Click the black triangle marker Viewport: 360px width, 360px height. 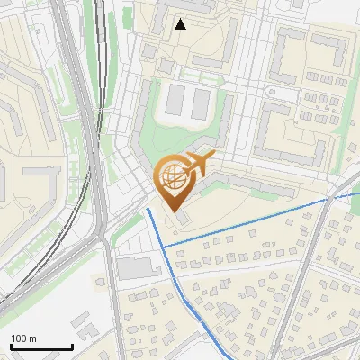tap(180, 24)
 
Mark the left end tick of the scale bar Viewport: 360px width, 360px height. tap(11, 346)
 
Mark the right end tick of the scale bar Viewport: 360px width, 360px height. tap(72, 346)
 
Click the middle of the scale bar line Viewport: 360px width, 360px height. tap(41, 347)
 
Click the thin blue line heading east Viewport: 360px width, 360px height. tap(270, 216)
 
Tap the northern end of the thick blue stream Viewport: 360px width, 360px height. tap(148, 209)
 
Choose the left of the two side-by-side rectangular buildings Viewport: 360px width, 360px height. tap(175, 102)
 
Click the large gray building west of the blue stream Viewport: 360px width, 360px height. tap(133, 267)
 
